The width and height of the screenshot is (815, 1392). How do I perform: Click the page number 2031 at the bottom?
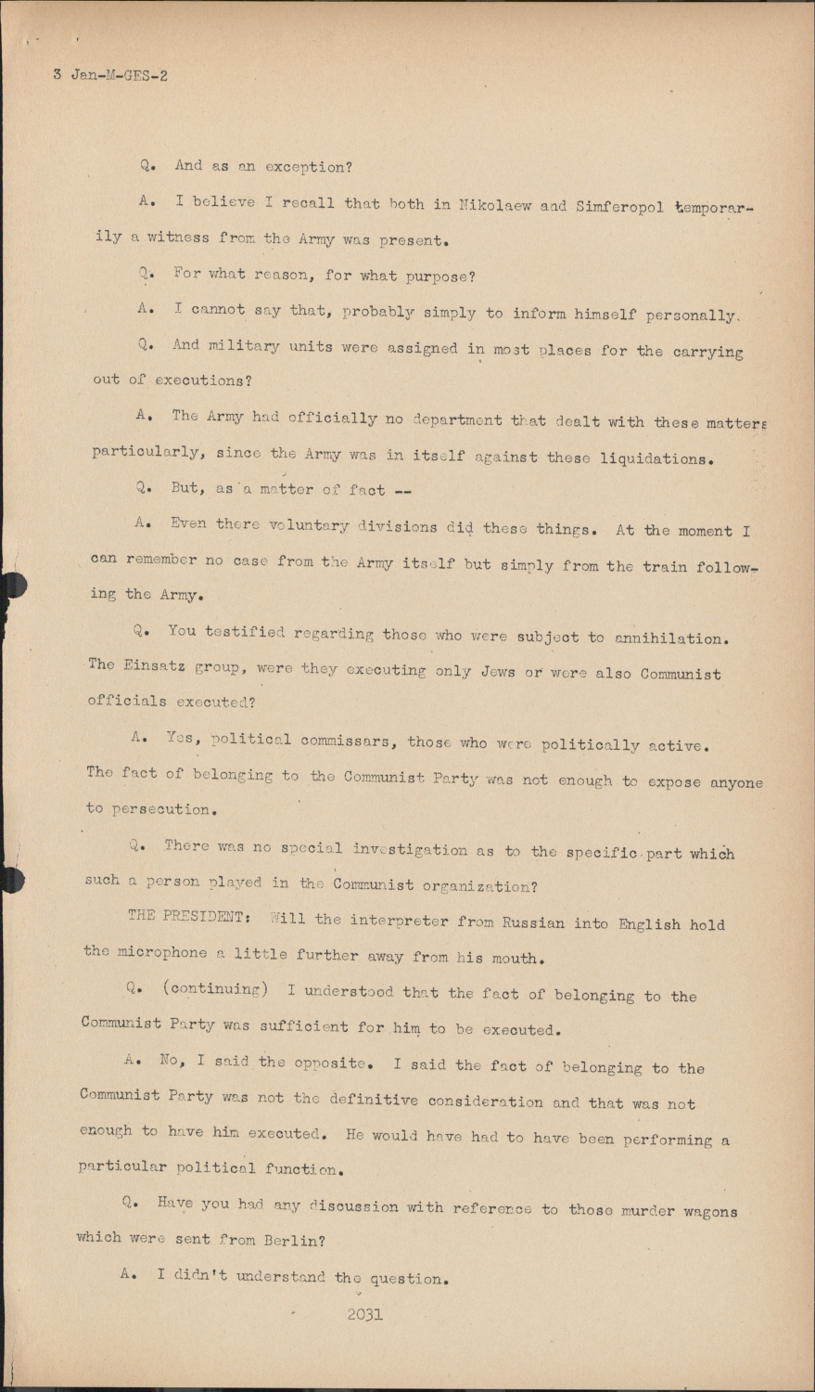(x=364, y=1314)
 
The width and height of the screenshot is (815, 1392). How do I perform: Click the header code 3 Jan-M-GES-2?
(x=110, y=75)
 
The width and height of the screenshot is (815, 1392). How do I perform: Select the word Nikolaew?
(x=497, y=205)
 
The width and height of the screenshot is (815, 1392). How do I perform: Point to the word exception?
(x=306, y=167)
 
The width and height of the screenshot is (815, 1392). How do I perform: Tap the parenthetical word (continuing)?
(x=215, y=989)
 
